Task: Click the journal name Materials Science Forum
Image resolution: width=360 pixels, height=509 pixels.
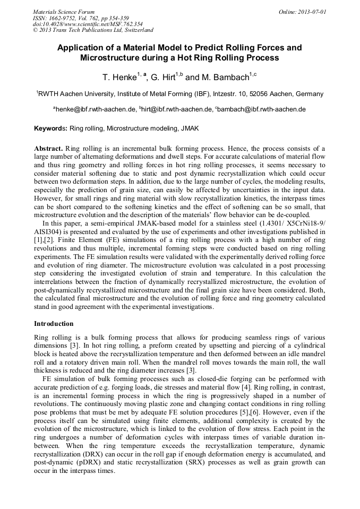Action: click(64, 12)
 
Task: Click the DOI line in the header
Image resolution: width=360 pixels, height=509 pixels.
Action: click(88, 24)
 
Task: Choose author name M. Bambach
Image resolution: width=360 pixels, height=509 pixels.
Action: click(225, 77)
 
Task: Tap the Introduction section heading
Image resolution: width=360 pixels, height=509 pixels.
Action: click(54, 323)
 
